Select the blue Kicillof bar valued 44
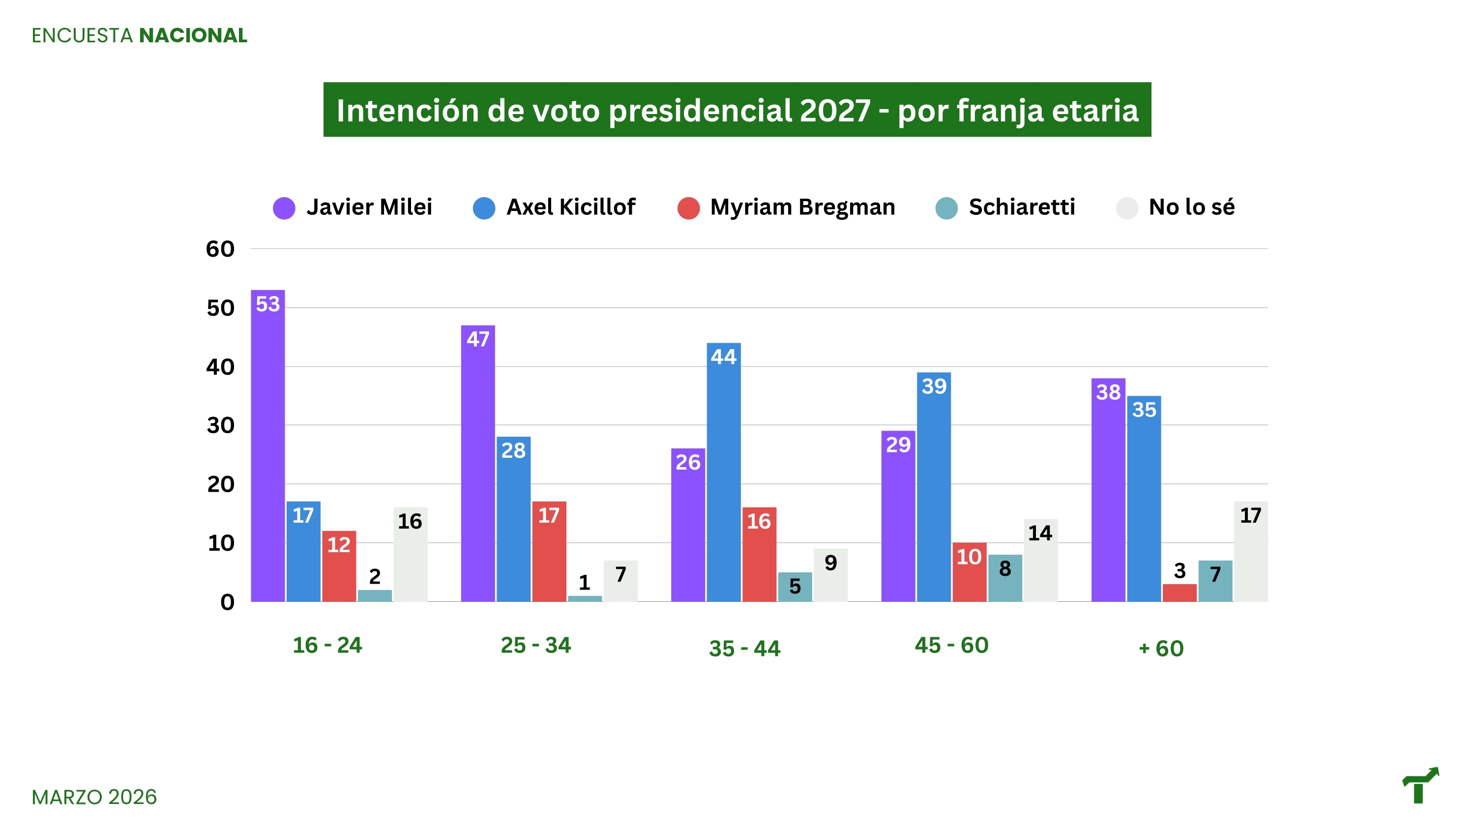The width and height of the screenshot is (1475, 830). point(723,475)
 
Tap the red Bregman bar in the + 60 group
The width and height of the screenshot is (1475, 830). point(1180,593)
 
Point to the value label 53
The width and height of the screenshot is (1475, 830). point(268,304)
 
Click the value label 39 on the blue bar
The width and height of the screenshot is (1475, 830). point(934,386)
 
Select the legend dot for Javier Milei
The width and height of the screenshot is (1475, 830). point(284,208)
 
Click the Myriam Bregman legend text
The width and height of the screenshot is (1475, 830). point(802,207)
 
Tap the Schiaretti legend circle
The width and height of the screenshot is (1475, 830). point(946,208)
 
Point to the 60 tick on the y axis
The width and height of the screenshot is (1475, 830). point(220,249)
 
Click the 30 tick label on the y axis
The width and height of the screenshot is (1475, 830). point(220,426)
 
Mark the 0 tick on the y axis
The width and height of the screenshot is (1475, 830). point(227,602)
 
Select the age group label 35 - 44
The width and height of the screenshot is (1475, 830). point(744,649)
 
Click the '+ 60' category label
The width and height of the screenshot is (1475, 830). point(1161,649)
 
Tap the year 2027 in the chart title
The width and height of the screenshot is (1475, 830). point(835,111)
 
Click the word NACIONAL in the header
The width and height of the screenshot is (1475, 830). point(193,35)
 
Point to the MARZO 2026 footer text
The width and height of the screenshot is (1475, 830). point(94,797)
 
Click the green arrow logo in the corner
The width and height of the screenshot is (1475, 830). point(1420,785)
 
